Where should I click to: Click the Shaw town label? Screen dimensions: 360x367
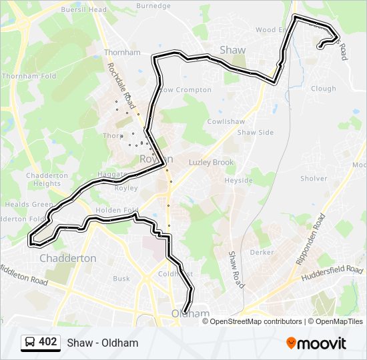click(x=232, y=50)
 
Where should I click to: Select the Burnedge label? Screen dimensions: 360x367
click(x=153, y=5)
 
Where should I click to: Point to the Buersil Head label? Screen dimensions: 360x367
click(x=83, y=10)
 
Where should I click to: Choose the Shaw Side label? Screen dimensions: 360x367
click(x=256, y=133)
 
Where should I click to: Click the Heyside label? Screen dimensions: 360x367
click(x=238, y=181)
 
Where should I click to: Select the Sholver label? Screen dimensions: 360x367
click(x=314, y=179)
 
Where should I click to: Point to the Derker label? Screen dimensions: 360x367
click(x=262, y=253)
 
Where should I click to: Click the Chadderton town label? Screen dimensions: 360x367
click(x=67, y=258)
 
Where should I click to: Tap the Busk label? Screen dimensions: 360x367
click(x=121, y=279)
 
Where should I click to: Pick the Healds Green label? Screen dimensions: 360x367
click(x=29, y=205)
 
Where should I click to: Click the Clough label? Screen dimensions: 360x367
click(x=324, y=89)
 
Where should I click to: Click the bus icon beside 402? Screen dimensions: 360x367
click(x=30, y=343)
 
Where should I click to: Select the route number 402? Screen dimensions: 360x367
click(x=48, y=342)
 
